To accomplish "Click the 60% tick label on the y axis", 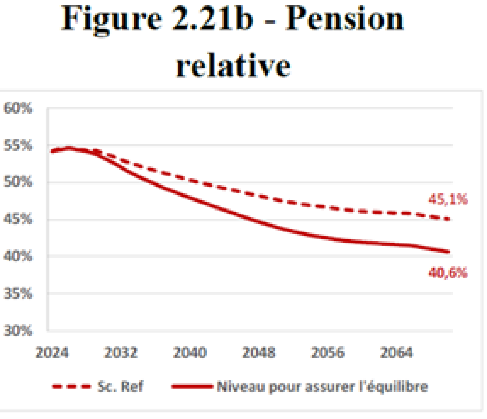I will (x=18, y=109).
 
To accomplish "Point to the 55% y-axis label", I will (x=18, y=146).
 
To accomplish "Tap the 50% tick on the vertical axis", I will (x=18, y=182).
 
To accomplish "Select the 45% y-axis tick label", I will (x=18, y=219).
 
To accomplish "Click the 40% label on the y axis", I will (x=18, y=256).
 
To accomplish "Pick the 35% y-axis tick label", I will (x=18, y=293).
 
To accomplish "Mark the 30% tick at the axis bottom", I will (x=18, y=331).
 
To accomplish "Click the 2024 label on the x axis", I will (x=52, y=352).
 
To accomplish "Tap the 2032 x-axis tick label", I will (x=121, y=352).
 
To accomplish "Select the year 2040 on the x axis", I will (x=190, y=352).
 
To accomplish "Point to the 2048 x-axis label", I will (x=259, y=352).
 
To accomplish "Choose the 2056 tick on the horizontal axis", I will (x=328, y=352).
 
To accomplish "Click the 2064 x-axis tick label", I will (x=396, y=352).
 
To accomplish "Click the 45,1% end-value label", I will (x=448, y=200).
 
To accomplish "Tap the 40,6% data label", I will (x=448, y=273).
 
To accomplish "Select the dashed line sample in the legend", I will (x=71, y=387).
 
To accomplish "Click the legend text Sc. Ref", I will (x=121, y=386).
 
